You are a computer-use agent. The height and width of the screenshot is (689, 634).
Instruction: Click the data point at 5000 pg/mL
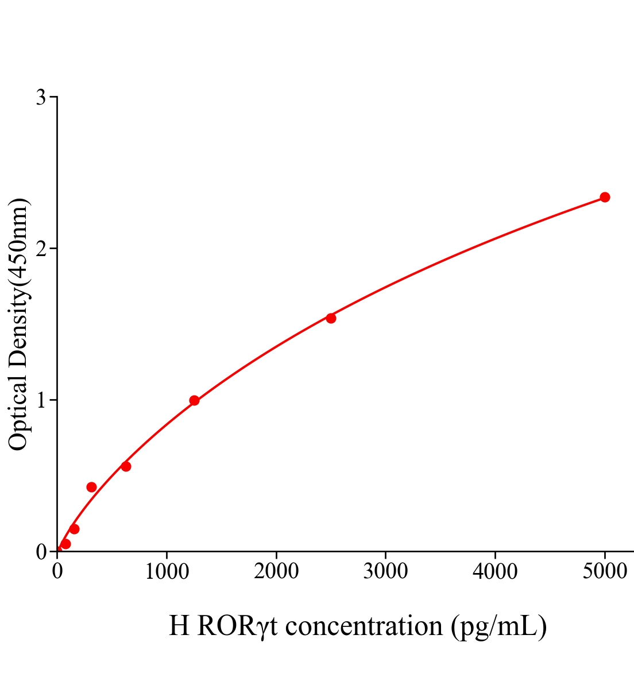point(605,198)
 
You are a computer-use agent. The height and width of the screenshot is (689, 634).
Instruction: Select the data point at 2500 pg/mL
point(331,318)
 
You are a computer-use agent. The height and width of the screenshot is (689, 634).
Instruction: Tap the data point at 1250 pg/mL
point(194,400)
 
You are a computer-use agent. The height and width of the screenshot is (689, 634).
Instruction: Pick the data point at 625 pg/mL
point(126,466)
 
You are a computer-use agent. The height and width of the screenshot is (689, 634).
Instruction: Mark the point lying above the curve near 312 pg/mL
point(91,487)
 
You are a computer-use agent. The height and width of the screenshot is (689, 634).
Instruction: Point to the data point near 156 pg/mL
point(74,529)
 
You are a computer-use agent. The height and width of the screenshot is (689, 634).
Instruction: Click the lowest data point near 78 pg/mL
point(65,544)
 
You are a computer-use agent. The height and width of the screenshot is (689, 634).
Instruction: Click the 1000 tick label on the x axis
point(167,572)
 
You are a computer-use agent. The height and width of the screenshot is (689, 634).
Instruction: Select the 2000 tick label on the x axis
point(276,572)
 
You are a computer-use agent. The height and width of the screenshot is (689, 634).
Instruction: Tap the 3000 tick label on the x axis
point(385,572)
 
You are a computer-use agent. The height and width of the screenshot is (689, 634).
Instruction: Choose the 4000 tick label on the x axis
point(495,572)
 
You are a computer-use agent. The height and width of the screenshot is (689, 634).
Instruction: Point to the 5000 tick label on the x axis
point(604,572)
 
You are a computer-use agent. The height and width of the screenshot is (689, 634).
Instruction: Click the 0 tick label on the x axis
point(57,572)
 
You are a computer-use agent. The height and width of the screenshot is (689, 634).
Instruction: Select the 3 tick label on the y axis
point(41,98)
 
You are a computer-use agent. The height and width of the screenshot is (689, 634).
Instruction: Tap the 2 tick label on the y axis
point(41,249)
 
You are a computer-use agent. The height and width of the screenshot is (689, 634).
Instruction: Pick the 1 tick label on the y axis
point(41,400)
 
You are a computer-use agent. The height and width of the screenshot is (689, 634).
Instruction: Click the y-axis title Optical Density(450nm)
point(18,324)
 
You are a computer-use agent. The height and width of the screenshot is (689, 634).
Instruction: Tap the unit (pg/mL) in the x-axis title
point(498,626)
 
